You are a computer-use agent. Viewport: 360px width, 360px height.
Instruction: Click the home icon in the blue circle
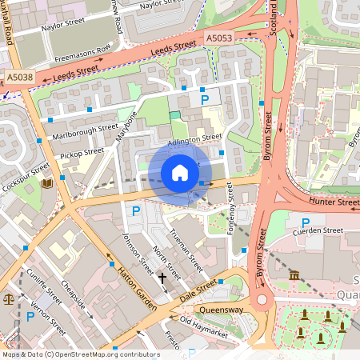(180, 173)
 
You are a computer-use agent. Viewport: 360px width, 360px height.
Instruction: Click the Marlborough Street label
(82, 131)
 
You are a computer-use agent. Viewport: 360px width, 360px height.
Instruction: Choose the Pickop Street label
(82, 151)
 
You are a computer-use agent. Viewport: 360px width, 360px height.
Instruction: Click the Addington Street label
(195, 138)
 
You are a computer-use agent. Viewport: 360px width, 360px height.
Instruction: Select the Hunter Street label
(338, 203)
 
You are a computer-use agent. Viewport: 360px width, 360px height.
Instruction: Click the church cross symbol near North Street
(162, 278)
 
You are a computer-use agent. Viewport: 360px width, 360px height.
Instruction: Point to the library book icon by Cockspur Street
(46, 184)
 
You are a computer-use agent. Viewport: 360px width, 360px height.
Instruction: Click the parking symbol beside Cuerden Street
(306, 222)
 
